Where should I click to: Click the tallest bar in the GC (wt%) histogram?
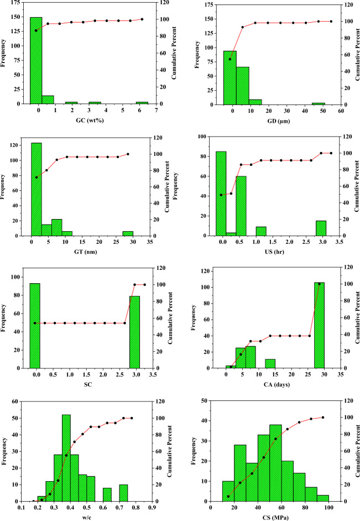tap(36, 61)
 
